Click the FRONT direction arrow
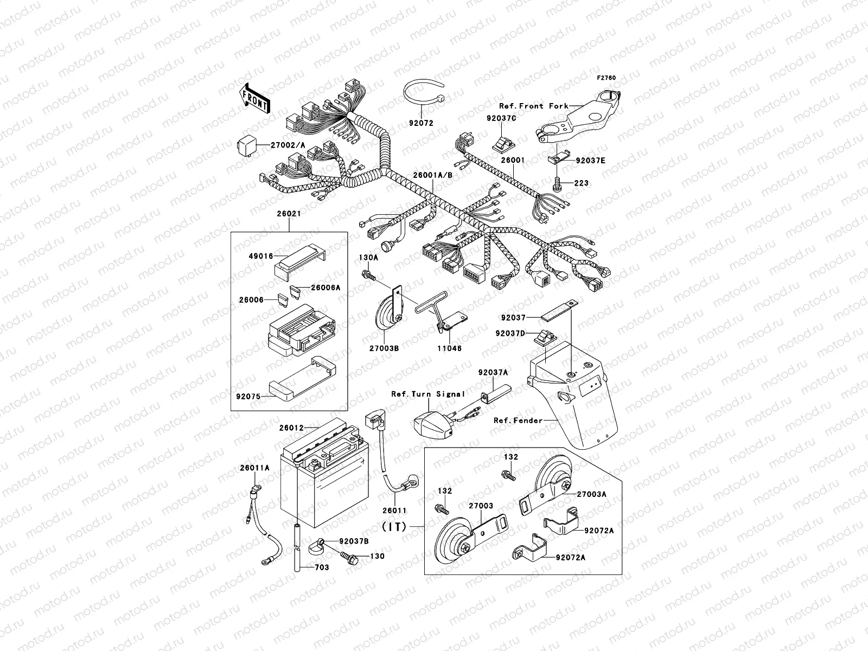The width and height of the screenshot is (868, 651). tap(255, 98)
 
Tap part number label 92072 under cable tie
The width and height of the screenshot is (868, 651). tap(421, 123)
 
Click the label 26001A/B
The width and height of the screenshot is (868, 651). tap(432, 175)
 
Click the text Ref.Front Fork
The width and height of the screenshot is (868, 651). tap(533, 106)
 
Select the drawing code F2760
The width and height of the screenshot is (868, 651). tap(607, 78)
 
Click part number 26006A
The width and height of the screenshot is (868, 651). tap(325, 288)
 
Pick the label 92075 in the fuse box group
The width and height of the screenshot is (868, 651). tap(248, 397)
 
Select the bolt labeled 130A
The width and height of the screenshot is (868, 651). tap(368, 275)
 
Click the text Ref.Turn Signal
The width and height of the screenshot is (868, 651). tap(428, 394)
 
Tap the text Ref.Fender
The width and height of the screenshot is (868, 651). tap(518, 420)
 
